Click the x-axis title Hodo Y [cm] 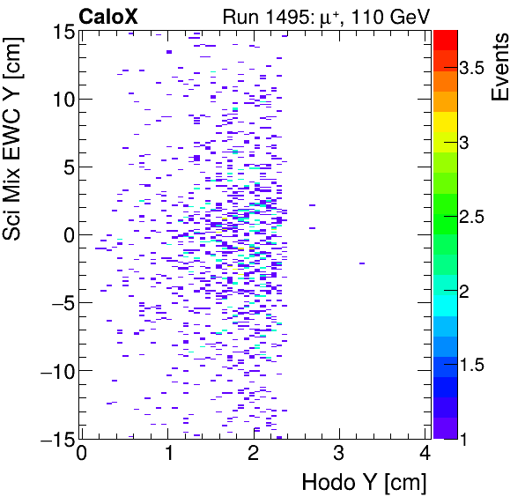click(x=364, y=483)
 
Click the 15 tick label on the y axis click(x=58, y=32)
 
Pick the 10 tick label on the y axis click(x=58, y=100)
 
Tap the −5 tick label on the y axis click(x=55, y=303)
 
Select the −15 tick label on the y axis click(x=51, y=439)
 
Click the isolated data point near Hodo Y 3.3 click(x=363, y=263)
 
